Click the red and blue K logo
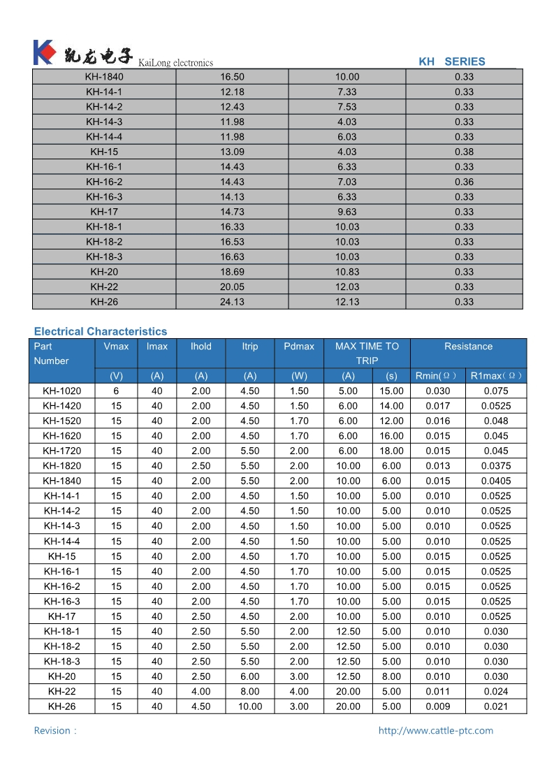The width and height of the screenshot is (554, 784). tap(43, 52)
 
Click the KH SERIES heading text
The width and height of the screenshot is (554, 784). tap(451, 61)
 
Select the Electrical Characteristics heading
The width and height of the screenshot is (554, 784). tap(101, 331)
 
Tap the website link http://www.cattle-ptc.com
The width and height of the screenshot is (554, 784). tap(435, 730)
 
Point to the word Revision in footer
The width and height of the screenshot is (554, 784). tap(52, 730)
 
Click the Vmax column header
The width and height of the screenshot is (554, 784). tap(116, 347)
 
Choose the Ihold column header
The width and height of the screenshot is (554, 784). tap(201, 347)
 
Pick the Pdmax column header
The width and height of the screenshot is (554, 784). tap(299, 347)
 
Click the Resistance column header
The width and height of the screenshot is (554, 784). tap(468, 347)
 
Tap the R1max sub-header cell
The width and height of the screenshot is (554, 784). tap(496, 376)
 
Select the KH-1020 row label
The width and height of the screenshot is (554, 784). tap(61, 391)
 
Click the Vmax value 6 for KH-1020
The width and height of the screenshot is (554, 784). tap(116, 391)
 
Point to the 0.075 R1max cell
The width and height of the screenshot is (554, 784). tap(496, 391)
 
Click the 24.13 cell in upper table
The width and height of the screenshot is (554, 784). tap(232, 302)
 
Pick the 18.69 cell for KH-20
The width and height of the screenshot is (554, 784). tap(232, 272)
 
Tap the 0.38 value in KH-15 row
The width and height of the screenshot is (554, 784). tap(464, 152)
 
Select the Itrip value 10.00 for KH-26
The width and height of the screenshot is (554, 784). tap(250, 706)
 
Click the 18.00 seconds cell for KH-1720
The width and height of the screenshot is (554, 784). tap(391, 451)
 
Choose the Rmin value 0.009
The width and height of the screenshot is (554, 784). tap(438, 706)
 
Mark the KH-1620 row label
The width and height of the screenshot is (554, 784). tap(61, 436)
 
